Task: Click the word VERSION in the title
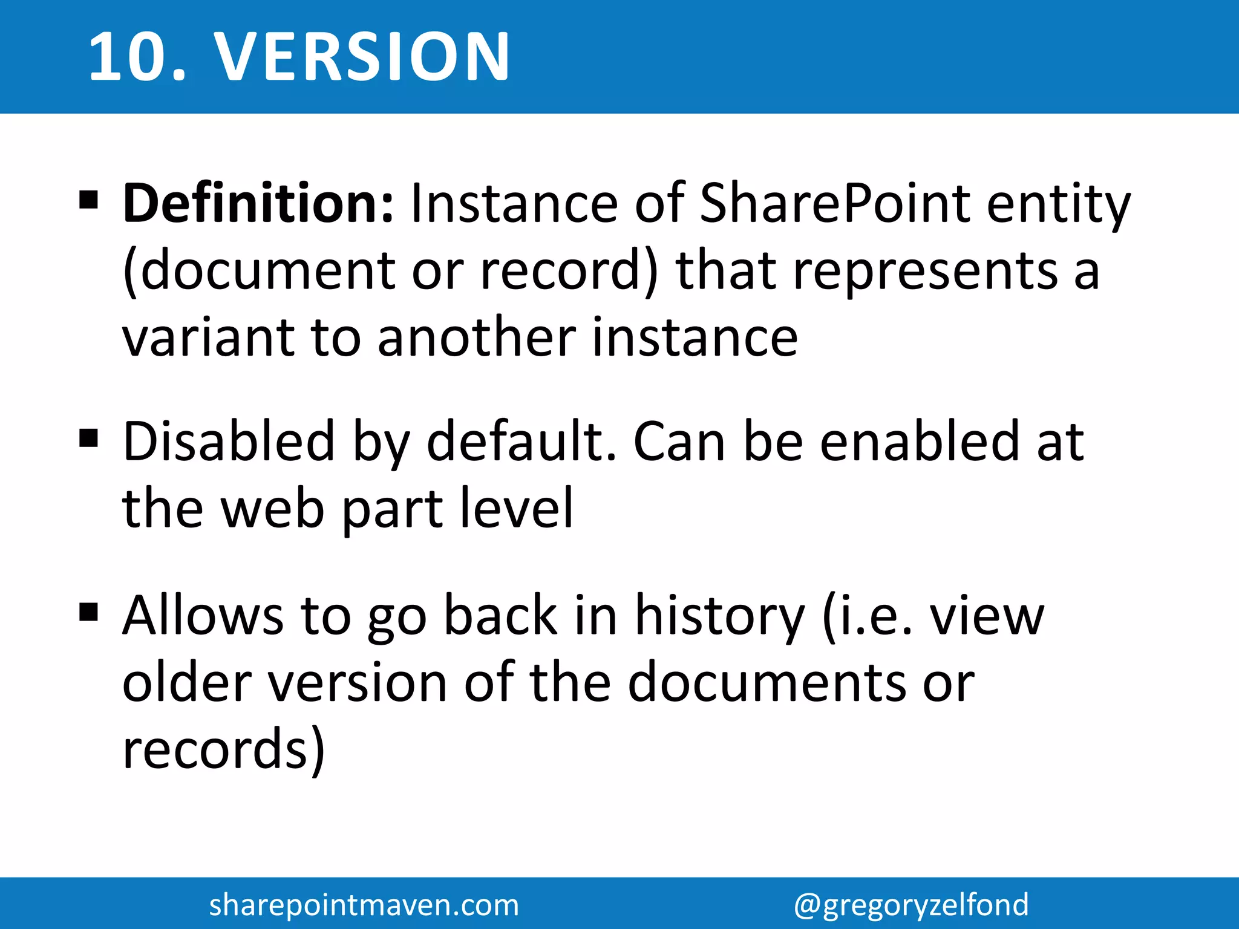pos(363,57)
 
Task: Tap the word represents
pos(926,272)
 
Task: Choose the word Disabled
pos(229,442)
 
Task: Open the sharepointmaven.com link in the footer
pos(364,905)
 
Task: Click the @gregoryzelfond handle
pos(911,905)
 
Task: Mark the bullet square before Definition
pos(88,199)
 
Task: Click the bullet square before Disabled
pos(88,437)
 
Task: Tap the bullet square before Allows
pos(88,612)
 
